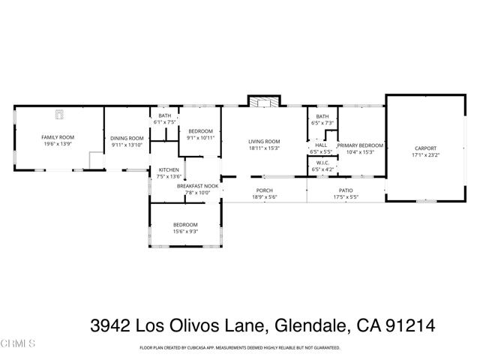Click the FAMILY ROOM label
[57, 137]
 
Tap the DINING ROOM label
[127, 138]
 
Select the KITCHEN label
[169, 170]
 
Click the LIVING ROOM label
[264, 142]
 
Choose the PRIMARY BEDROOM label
[360, 145]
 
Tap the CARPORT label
[425, 148]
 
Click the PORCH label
[264, 190]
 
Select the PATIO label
[346, 190]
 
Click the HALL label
[321, 145]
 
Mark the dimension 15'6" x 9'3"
[185, 232]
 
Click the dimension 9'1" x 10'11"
[201, 137]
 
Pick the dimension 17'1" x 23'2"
[425, 155]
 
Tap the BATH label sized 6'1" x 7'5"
[165, 115]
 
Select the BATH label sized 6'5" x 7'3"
[322, 116]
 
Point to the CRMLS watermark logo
[18, 344]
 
